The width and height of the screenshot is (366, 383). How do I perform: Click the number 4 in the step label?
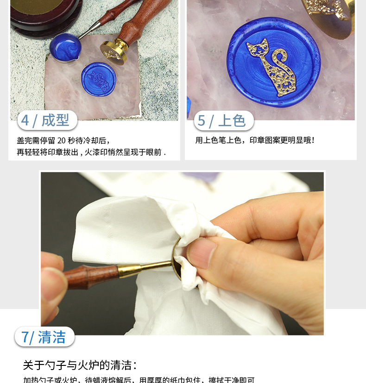tap(25, 121)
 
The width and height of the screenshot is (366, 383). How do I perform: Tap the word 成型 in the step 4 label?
tap(55, 121)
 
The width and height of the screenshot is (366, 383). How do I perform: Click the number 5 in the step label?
tap(202, 121)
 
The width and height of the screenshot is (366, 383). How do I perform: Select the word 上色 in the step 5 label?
tap(232, 121)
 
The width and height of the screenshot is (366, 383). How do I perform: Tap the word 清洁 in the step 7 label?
tap(52, 337)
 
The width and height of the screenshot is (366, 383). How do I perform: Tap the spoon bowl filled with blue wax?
tap(63, 46)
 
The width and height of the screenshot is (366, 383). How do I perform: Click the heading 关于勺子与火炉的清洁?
tap(80, 365)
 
